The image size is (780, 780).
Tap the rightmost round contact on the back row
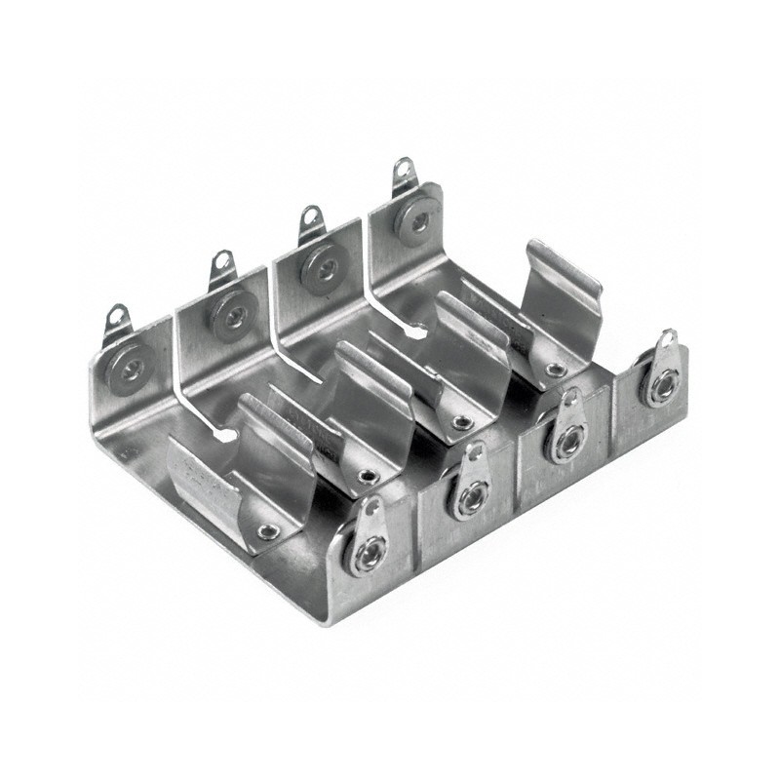pos(417,223)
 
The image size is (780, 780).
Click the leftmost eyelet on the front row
pos(368,554)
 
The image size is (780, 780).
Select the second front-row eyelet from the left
pos(469,500)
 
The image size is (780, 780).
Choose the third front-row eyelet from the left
pos(565,441)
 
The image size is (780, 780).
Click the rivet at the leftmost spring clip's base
pos(265,531)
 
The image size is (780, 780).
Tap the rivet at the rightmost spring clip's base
pos(555,370)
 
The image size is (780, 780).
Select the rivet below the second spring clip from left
pos(368,476)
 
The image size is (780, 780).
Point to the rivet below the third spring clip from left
pos(462,422)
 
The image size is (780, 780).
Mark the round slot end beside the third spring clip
pos(417,333)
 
